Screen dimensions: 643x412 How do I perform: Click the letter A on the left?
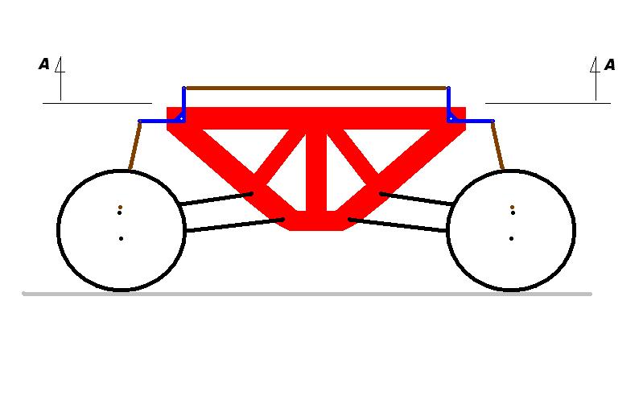tap(44, 64)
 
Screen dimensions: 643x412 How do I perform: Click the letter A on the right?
tap(609, 64)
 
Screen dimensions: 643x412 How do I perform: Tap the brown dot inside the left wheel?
tap(120, 207)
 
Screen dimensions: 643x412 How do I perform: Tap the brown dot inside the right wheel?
tap(512, 207)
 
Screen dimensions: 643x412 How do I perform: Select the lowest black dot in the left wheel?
tap(121, 239)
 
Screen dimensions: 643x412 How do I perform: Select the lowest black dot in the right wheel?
tap(511, 239)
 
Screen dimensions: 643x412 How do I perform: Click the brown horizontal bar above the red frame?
tap(316, 89)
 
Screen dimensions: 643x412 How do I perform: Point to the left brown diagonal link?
tap(135, 146)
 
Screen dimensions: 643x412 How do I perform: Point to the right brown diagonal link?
tap(497, 146)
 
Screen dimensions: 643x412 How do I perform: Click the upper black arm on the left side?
tap(216, 199)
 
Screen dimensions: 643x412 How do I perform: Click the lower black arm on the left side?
tap(234, 225)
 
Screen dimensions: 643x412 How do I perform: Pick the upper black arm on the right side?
tap(417, 199)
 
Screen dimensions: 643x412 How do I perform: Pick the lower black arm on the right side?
tap(398, 225)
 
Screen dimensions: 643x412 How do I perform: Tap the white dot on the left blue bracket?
tap(181, 118)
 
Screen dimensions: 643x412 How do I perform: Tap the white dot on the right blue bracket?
tap(451, 118)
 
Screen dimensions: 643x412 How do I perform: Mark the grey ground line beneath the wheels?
tap(307, 294)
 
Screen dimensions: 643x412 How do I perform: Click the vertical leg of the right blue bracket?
tap(448, 102)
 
